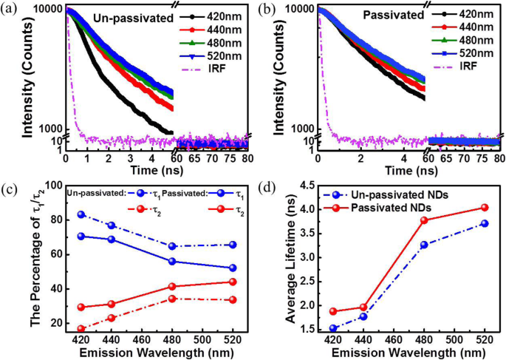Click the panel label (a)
pyautogui.click(x=9, y=7)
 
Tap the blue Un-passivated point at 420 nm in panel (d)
pyautogui.click(x=312, y=329)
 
